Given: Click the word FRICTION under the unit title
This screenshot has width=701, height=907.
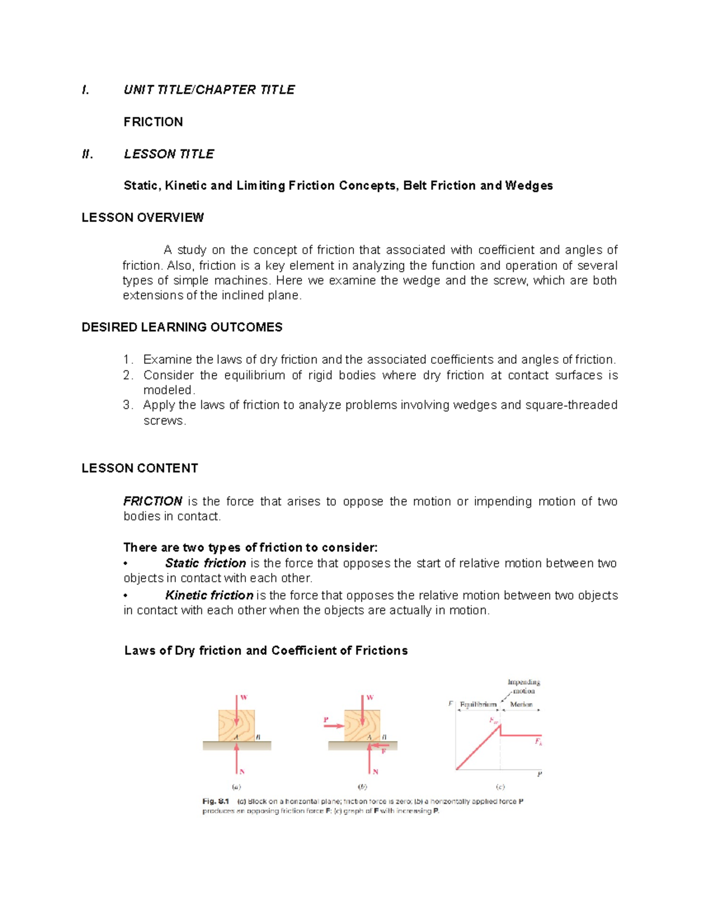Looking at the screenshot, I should click(x=153, y=122).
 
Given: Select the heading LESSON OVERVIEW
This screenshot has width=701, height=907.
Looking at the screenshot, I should click(x=143, y=218).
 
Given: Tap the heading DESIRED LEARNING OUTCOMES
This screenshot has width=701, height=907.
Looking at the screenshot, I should click(x=182, y=328).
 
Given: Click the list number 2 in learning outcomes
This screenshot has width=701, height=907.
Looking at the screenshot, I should click(x=128, y=376).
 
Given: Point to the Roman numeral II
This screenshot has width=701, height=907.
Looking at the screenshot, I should click(x=87, y=154).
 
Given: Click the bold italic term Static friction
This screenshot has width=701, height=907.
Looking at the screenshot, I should click(x=205, y=564).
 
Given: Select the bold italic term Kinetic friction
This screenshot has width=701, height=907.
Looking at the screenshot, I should click(x=209, y=596).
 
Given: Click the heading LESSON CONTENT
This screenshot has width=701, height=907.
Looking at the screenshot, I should click(x=140, y=468).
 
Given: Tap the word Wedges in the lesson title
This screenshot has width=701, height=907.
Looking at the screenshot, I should click(x=529, y=186).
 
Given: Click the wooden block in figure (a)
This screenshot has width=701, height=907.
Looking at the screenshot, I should click(x=237, y=725).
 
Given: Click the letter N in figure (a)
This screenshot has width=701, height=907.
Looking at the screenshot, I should click(x=242, y=772).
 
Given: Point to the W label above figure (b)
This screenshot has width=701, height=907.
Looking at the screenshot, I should click(x=370, y=698).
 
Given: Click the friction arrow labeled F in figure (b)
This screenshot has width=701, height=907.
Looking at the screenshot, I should click(x=379, y=746).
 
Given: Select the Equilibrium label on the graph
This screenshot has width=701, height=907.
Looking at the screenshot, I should click(x=478, y=704).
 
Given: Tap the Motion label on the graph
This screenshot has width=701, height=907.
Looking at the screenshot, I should click(x=521, y=704).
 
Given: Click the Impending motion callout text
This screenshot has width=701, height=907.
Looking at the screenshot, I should click(x=523, y=686).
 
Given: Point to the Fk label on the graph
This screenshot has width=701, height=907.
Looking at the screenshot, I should click(x=538, y=742).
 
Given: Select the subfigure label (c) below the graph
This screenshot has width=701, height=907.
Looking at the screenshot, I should click(x=500, y=787).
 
